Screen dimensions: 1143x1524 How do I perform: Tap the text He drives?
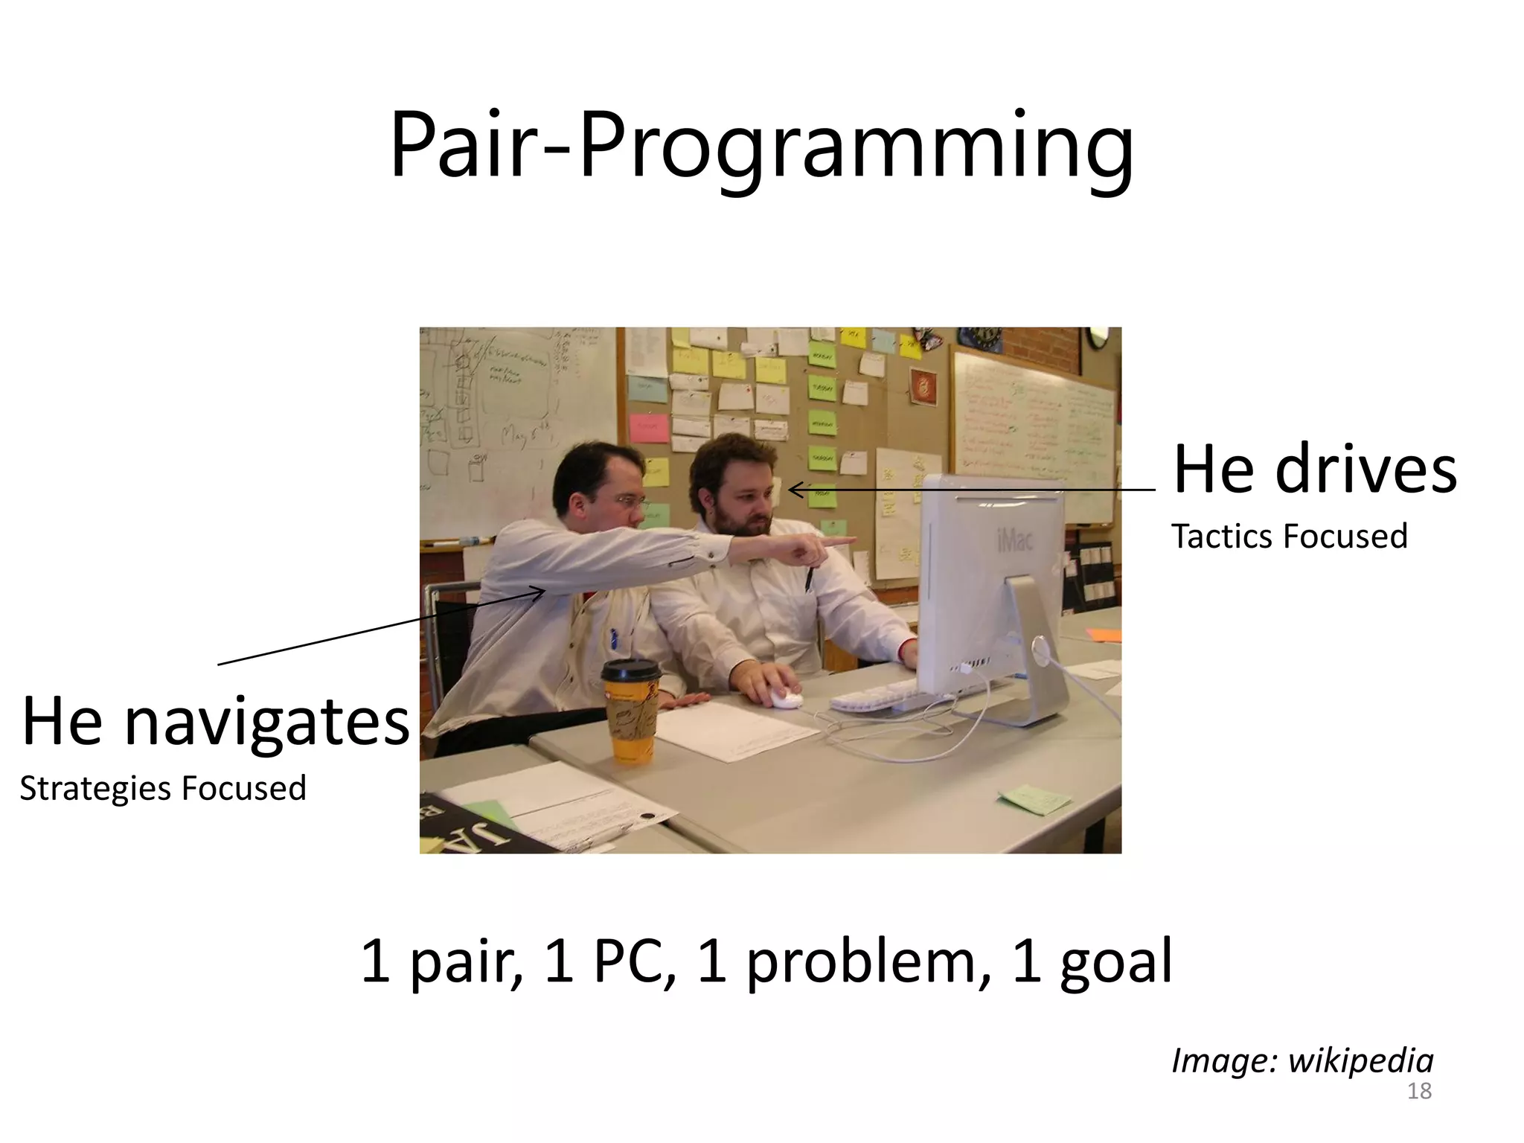coord(1314,470)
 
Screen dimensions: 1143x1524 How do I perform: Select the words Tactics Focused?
coord(1289,537)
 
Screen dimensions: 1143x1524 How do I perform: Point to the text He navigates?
coord(216,721)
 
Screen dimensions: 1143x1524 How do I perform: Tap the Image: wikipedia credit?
coord(1302,1060)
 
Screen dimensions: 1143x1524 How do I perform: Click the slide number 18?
coord(1419,1091)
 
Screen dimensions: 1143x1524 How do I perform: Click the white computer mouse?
coord(786,698)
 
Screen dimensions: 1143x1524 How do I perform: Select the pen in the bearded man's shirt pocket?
coord(809,580)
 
